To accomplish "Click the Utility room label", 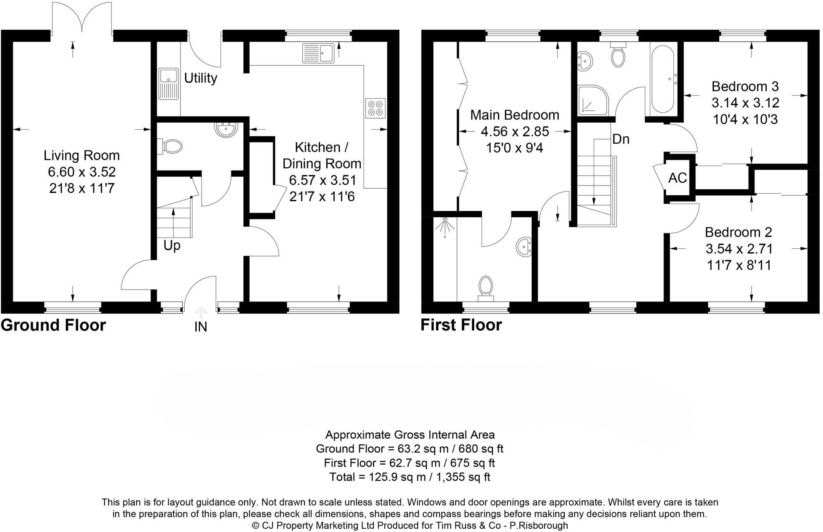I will click(x=200, y=78).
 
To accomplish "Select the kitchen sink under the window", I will click(x=319, y=53).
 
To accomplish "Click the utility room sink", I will click(x=169, y=84).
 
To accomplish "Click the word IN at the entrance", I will click(x=200, y=327).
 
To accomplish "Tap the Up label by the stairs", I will click(x=171, y=245).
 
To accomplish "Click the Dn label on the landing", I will click(x=621, y=139).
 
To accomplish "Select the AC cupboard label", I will click(x=678, y=178).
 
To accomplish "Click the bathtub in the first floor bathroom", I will click(x=664, y=80).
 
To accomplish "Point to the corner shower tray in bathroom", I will click(x=592, y=100).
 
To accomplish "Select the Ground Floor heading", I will click(x=53, y=325).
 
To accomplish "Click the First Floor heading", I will click(x=461, y=325).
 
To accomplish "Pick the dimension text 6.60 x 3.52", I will click(x=81, y=172).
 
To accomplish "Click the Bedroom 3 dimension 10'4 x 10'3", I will click(x=745, y=119).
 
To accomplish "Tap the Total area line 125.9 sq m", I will click(x=409, y=477).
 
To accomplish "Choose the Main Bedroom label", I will click(x=514, y=114).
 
